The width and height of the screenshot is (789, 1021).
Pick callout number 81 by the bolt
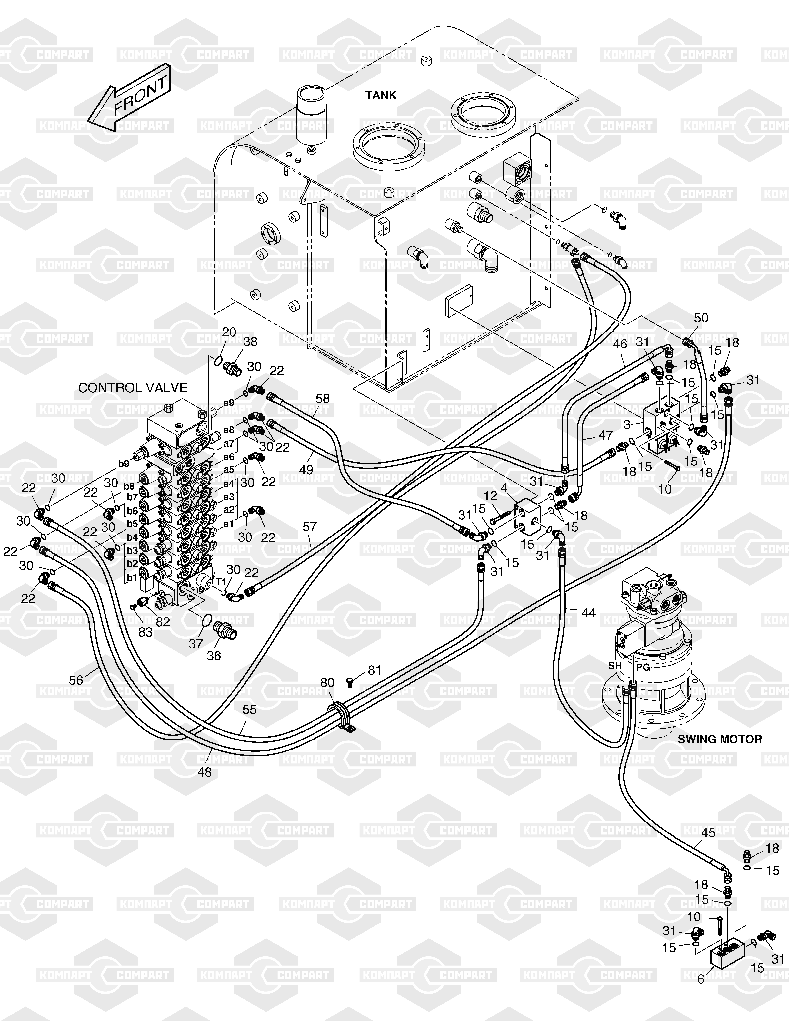pos(375,670)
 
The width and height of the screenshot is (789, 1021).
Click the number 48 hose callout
pos(204,772)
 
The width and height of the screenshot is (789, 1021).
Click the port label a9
pos(229,403)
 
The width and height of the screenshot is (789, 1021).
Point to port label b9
pos(123,464)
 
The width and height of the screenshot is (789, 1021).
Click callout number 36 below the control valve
pos(214,656)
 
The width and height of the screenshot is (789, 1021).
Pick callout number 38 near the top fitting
pos(251,342)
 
